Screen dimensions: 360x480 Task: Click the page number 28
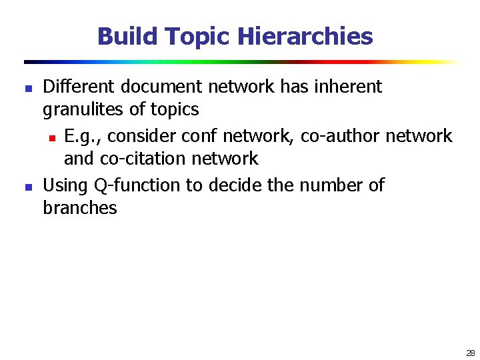tap(471, 353)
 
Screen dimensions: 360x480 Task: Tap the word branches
tap(79, 208)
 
